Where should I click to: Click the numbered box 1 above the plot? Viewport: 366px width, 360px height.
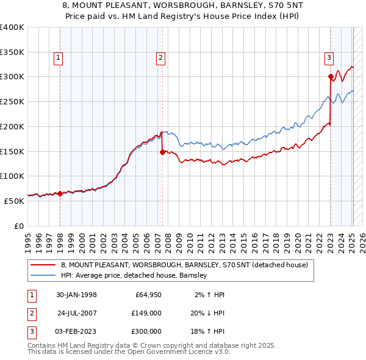pyautogui.click(x=59, y=59)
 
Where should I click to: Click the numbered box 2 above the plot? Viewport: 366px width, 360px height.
pyautogui.click(x=160, y=59)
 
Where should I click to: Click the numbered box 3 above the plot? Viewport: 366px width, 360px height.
pyautogui.click(x=329, y=59)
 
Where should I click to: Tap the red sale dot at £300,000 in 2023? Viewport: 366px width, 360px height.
pyautogui.click(x=331, y=77)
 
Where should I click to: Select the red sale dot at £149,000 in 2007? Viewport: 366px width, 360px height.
pyautogui.click(x=162, y=152)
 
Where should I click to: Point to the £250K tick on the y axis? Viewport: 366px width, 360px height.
pyautogui.click(x=12, y=102)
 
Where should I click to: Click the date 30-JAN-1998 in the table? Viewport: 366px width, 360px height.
pyautogui.click(x=76, y=295)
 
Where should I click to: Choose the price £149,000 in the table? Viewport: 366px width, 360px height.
pyautogui.click(x=146, y=313)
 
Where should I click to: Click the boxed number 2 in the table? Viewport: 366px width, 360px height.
pyautogui.click(x=30, y=313)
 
